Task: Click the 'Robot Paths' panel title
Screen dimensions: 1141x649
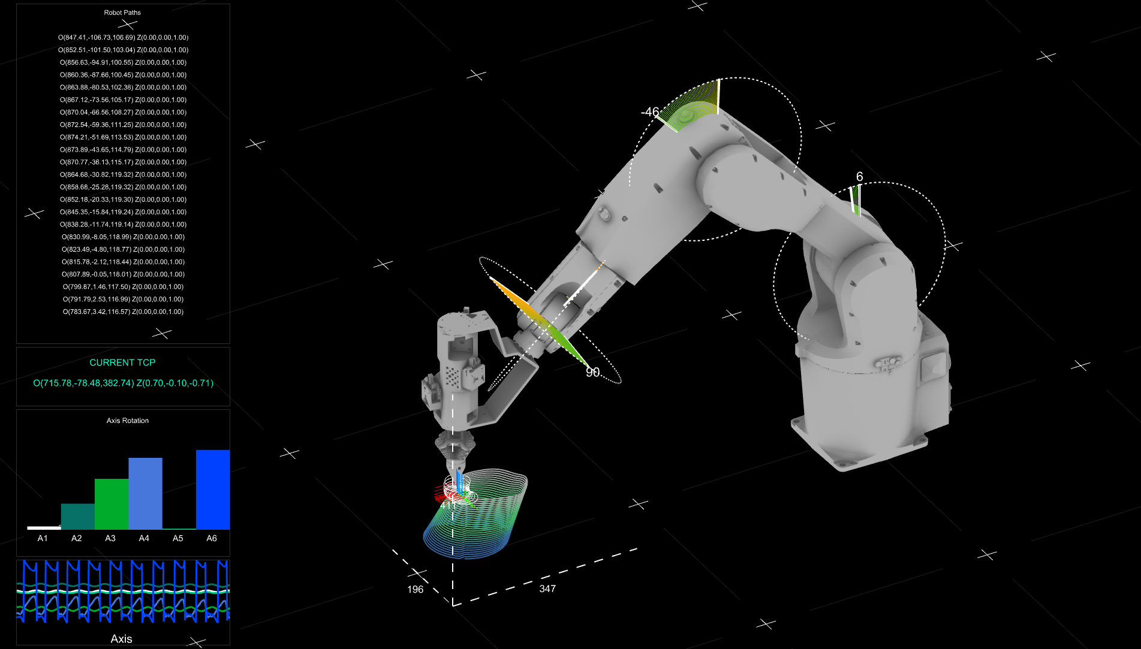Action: [122, 13]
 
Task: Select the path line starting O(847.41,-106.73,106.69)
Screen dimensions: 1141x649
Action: [123, 37]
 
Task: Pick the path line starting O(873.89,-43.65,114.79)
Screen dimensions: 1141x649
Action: [123, 150]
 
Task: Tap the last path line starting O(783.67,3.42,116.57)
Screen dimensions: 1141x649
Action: [123, 312]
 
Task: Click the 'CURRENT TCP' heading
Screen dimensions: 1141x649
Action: [122, 363]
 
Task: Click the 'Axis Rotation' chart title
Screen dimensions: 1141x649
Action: [128, 421]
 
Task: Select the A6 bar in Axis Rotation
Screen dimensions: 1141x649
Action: [213, 490]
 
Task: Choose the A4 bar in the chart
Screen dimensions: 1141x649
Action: [145, 494]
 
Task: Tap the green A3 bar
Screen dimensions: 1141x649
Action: [112, 504]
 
